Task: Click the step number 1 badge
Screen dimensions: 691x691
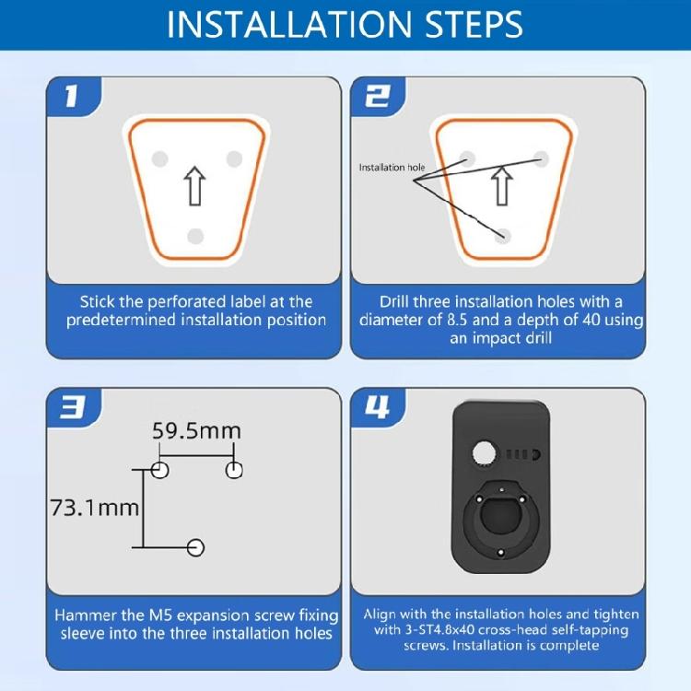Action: (x=71, y=97)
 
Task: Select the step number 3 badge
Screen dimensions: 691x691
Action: (x=72, y=407)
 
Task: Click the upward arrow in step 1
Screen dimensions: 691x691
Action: (x=193, y=185)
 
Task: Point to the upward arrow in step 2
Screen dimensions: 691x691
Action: (x=501, y=185)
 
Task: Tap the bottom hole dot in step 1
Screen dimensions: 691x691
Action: (x=194, y=237)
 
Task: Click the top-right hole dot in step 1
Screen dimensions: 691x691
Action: (x=234, y=158)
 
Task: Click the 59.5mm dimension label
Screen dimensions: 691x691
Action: (x=197, y=430)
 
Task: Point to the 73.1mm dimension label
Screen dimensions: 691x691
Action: (x=96, y=507)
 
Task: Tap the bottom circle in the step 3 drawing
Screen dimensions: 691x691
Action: (x=195, y=547)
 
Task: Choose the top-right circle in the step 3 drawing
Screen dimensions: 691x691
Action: (x=235, y=470)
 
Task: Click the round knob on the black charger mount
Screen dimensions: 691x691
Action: (x=483, y=453)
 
